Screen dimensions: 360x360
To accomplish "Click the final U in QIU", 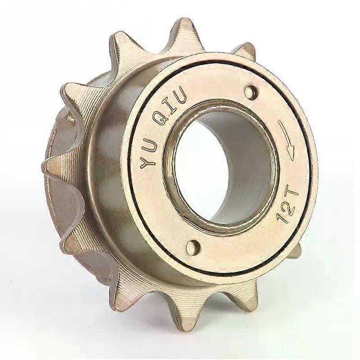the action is click(x=179, y=94).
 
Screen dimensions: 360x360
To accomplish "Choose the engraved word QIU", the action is click(x=170, y=106).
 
